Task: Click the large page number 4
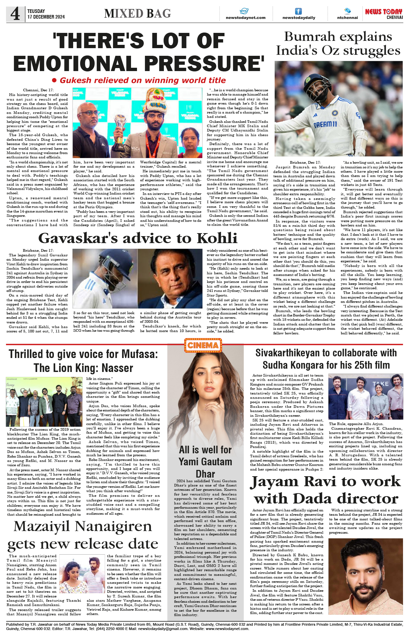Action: point(15,14)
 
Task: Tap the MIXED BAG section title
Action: point(137,14)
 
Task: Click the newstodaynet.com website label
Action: point(245,18)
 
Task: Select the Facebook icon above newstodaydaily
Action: point(299,11)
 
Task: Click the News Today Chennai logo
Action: point(384,14)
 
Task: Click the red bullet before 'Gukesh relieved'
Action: point(55,80)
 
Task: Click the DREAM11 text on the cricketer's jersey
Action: point(325,125)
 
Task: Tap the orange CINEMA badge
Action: point(203,345)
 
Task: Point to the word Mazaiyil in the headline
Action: point(42,527)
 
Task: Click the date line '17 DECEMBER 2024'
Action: point(46,17)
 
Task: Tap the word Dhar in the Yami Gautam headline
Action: point(205,474)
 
